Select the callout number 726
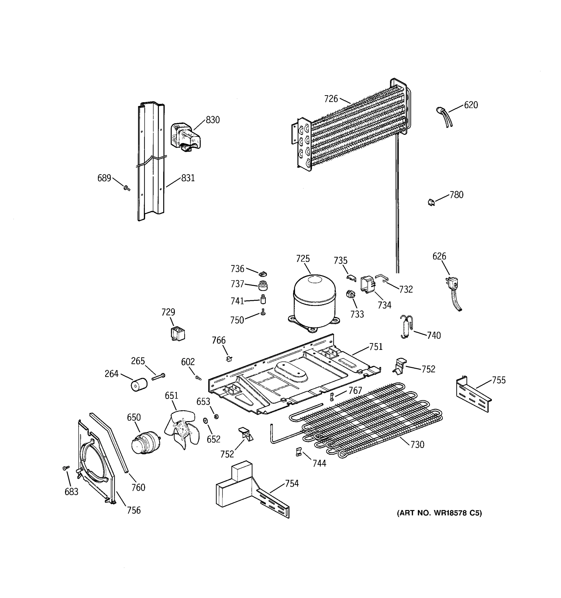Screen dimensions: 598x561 331,99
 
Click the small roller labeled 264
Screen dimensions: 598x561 139,385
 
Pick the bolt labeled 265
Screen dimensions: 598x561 158,376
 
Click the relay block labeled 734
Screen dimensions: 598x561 368,284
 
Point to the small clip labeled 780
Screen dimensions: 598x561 431,202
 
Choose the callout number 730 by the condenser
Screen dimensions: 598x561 417,444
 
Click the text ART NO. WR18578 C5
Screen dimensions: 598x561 439,513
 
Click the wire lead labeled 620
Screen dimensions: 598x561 444,117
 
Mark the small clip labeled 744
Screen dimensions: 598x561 298,452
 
